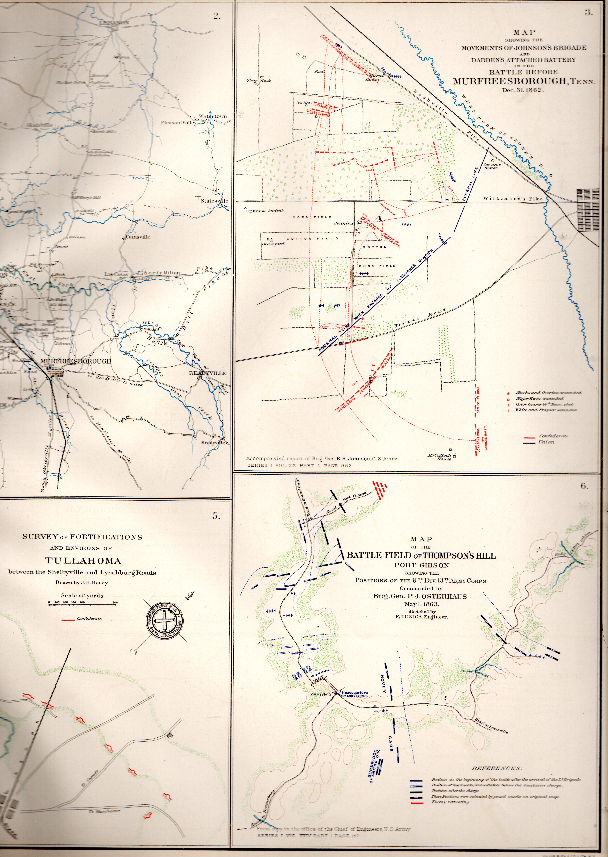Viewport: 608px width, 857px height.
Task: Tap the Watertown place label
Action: [x=213, y=116]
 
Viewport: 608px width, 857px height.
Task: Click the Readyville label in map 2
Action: [x=207, y=373]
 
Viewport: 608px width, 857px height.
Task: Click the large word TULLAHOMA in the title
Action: [x=83, y=561]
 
